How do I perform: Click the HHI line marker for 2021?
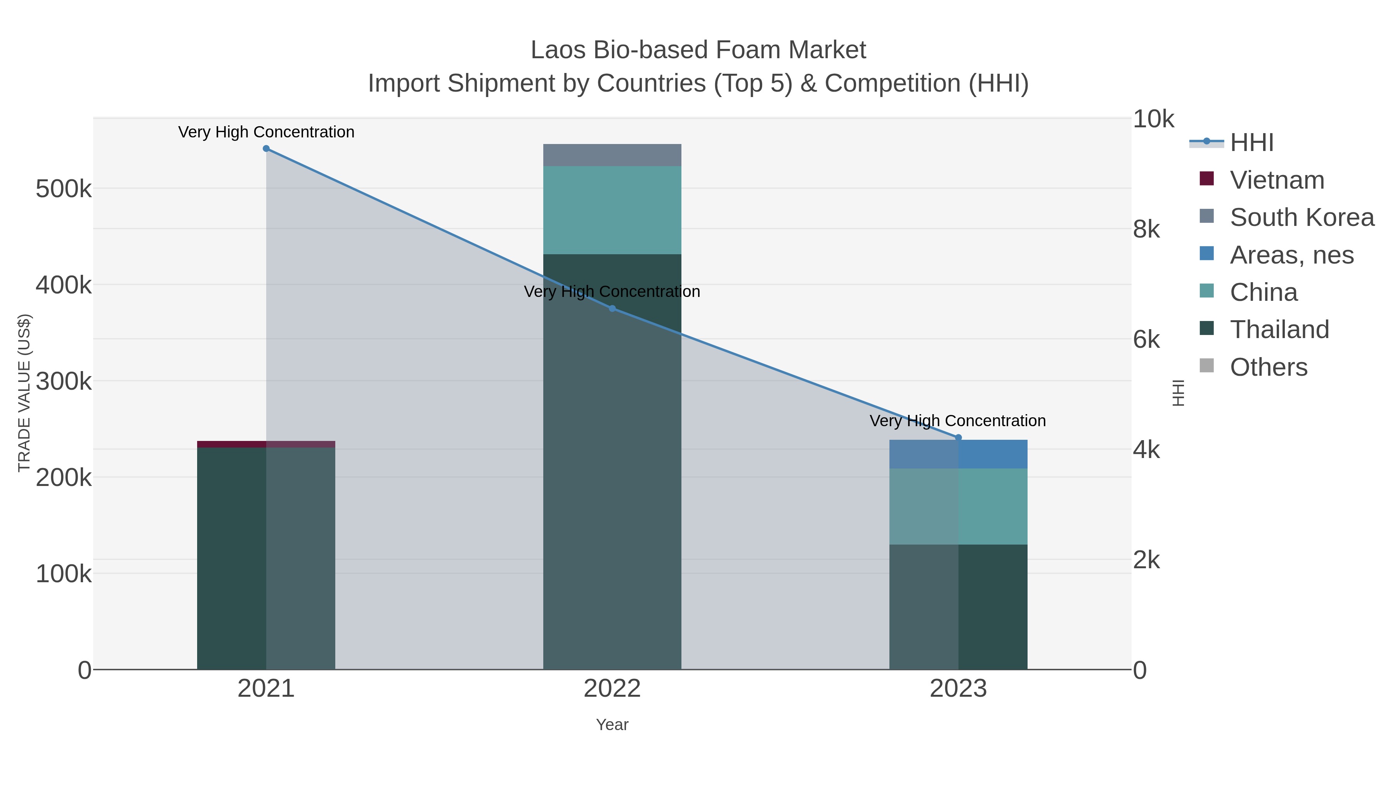tap(266, 149)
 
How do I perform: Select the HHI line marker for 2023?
tap(958, 438)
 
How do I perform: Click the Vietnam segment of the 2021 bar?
tap(266, 444)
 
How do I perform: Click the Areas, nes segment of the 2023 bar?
tap(958, 455)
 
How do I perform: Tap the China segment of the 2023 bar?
tap(958, 507)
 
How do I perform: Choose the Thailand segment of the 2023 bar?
tap(958, 606)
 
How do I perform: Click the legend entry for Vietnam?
tap(1277, 180)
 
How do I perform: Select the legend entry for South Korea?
tap(1302, 217)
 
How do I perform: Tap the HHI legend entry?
tap(1251, 143)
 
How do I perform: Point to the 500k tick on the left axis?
tap(64, 189)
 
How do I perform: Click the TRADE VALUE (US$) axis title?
tap(24, 393)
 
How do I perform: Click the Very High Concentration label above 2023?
tap(958, 421)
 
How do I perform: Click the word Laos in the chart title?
tap(558, 50)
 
